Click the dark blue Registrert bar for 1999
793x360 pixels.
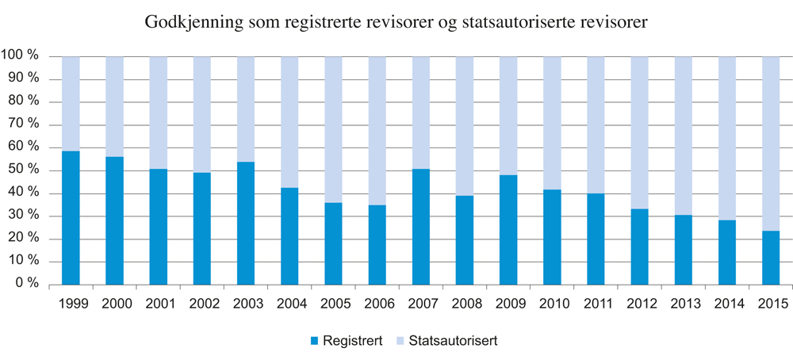71,217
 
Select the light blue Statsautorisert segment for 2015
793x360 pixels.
771,144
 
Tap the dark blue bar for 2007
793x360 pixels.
421,226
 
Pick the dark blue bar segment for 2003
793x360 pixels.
246,223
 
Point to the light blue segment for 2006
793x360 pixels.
377,131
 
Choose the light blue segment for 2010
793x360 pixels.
552,123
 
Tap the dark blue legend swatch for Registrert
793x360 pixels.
313,341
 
